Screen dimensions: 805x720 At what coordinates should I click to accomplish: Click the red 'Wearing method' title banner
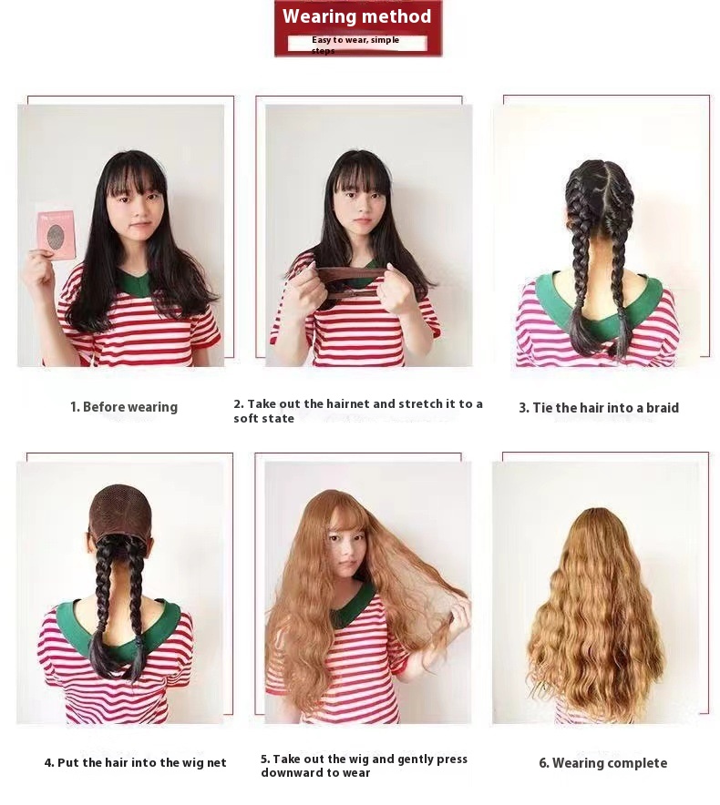tap(357, 17)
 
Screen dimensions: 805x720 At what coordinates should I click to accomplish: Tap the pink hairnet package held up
tap(56, 234)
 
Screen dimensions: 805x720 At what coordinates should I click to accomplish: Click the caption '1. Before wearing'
tap(124, 407)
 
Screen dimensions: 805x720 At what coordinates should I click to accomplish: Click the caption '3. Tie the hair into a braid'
tap(599, 408)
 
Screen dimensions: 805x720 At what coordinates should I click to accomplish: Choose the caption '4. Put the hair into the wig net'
tap(135, 763)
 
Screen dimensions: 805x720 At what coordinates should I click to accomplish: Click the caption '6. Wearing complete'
tap(602, 763)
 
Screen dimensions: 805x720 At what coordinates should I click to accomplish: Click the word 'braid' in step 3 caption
tap(661, 408)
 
